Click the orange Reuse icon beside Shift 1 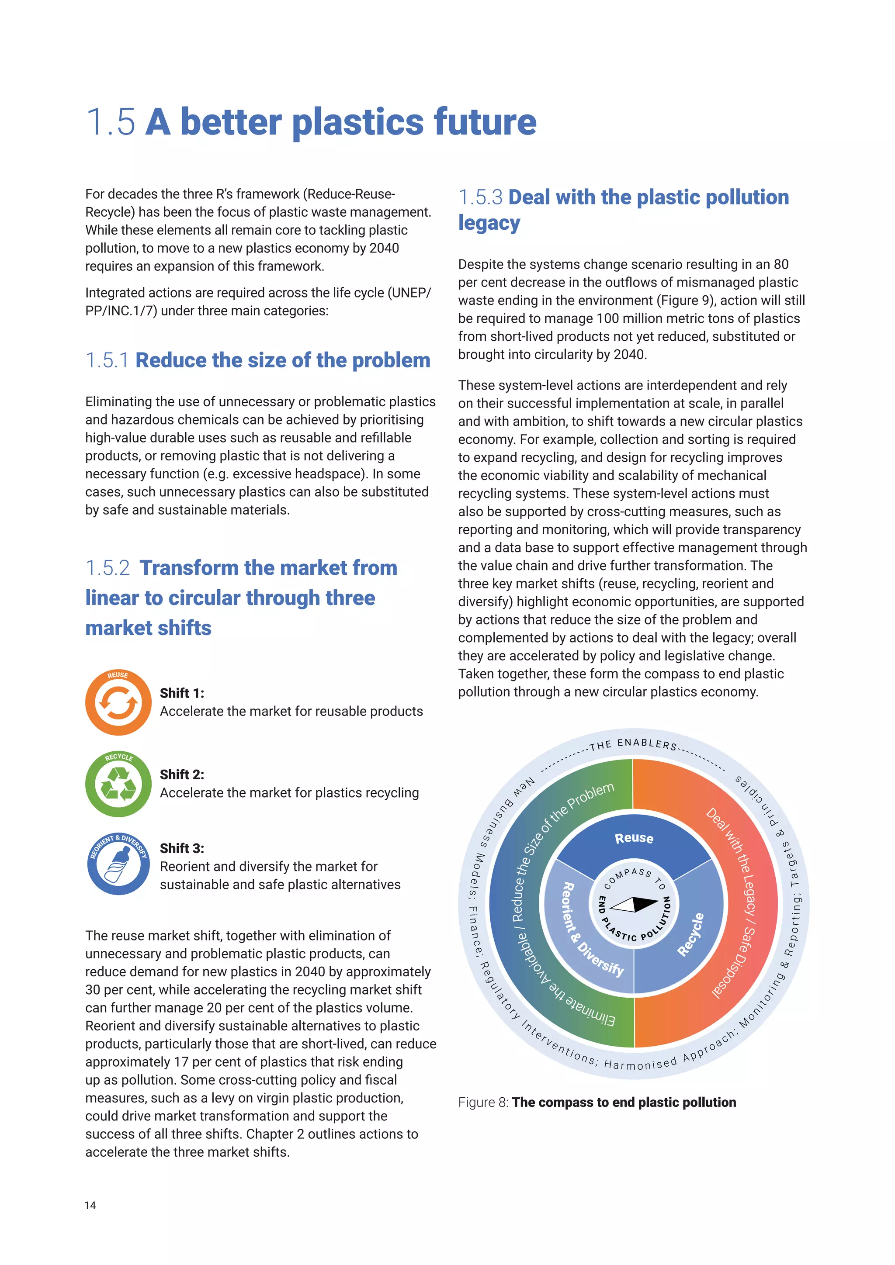pyautogui.click(x=118, y=702)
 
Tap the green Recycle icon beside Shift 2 pyautogui.click(x=118, y=784)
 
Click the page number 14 pyautogui.click(x=90, y=1205)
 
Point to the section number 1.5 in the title pyautogui.click(x=110, y=122)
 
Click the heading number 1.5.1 pyautogui.click(x=107, y=360)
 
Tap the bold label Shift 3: pyautogui.click(x=182, y=848)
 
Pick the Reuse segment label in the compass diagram pyautogui.click(x=634, y=838)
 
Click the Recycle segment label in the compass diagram pyautogui.click(x=690, y=934)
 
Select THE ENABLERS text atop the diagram pyautogui.click(x=633, y=744)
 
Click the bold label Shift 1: pyautogui.click(x=182, y=693)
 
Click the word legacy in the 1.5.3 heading pyautogui.click(x=489, y=223)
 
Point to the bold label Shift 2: pyautogui.click(x=182, y=774)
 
